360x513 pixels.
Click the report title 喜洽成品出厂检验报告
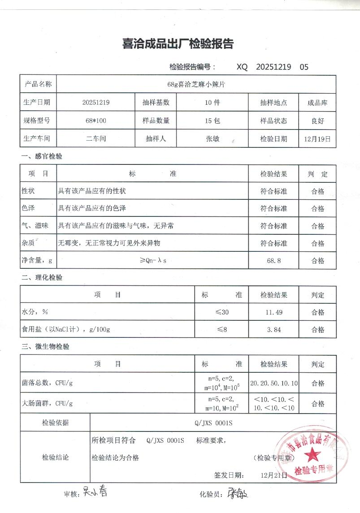point(178,44)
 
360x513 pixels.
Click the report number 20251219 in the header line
point(273,67)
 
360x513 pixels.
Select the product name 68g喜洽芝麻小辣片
point(196,84)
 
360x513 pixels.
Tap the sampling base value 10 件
point(212,102)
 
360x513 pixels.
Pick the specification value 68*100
point(95,121)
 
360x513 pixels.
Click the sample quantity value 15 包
point(212,121)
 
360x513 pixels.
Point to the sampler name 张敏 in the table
point(212,138)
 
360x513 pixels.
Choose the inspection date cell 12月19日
point(317,139)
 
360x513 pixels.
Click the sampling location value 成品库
point(317,102)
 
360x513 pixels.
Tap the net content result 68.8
point(273,260)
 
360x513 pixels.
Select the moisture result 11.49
point(273,312)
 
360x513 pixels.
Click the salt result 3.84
point(273,330)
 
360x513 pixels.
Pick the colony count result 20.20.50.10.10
point(273,384)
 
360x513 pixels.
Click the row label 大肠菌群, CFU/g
point(47,403)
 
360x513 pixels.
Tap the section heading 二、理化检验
point(42,277)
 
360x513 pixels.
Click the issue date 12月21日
point(273,475)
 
